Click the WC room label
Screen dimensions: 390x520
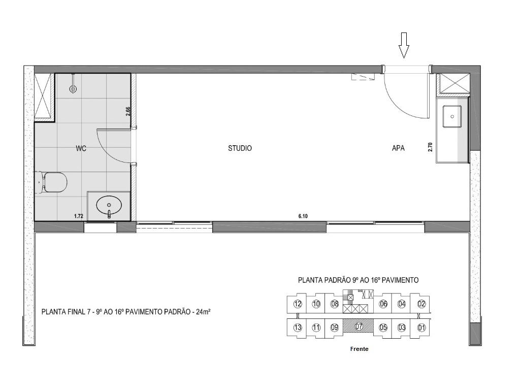pos(81,149)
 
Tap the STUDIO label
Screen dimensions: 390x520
pos(240,148)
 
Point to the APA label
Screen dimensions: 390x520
pos(398,148)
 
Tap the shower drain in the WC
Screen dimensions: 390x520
pos(73,88)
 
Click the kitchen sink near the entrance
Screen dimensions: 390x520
pos(451,117)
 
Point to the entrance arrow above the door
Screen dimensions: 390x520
pos(404,45)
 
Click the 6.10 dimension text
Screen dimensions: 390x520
pos(303,216)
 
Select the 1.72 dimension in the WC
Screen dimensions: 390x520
pos(79,216)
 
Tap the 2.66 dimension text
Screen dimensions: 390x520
pos(128,112)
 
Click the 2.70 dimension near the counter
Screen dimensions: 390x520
pos(430,147)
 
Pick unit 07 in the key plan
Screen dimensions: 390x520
pos(359,327)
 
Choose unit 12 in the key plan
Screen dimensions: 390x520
pos(298,304)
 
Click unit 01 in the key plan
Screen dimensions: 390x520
pos(421,327)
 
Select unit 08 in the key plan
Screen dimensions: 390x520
pos(334,304)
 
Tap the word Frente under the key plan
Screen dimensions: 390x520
pos(359,349)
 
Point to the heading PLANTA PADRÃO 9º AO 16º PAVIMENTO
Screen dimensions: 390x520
pos(358,280)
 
